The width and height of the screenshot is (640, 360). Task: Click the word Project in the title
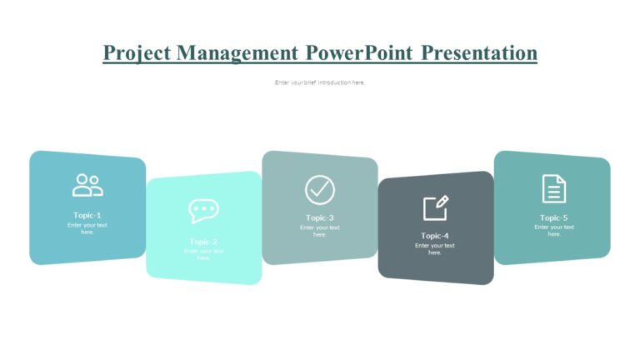point(137,53)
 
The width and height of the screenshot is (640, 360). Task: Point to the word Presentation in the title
point(478,53)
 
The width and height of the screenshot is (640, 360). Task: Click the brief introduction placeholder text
point(320,82)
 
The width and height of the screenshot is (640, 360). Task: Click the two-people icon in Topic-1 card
point(87,185)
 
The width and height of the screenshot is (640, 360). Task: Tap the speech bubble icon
point(203,211)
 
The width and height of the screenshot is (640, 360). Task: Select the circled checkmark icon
point(319,189)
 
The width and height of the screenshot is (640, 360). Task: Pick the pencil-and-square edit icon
point(435,207)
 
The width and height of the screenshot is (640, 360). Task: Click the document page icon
point(554,188)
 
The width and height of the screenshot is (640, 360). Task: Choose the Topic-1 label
point(87,215)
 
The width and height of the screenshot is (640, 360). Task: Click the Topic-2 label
point(203,242)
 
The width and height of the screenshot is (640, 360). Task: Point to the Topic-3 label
point(320,217)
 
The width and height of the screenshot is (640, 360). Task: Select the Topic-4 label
point(435,236)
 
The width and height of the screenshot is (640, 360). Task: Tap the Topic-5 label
point(554,217)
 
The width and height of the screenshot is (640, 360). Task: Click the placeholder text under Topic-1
point(87,228)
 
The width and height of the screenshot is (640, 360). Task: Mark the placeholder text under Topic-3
point(320,231)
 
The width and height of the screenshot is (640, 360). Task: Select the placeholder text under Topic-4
point(435,249)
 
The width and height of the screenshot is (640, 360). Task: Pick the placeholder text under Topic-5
point(554,231)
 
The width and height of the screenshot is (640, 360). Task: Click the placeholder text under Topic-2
point(203,254)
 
